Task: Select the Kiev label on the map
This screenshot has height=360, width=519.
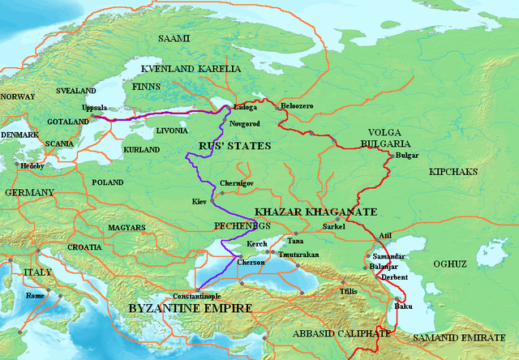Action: click(x=200, y=199)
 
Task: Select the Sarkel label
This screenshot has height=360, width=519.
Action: click(x=333, y=226)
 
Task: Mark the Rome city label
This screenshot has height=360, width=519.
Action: click(x=36, y=296)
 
